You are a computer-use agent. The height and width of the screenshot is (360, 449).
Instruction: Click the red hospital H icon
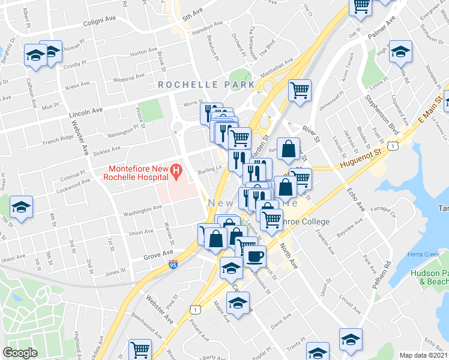tap(176, 172)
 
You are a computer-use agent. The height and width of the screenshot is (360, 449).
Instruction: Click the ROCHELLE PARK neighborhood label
tap(206, 85)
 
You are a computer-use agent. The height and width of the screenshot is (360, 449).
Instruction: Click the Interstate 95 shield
tap(172, 264)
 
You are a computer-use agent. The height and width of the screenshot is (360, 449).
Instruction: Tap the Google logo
tap(20, 353)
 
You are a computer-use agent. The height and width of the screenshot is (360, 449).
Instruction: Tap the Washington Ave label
tap(142, 209)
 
